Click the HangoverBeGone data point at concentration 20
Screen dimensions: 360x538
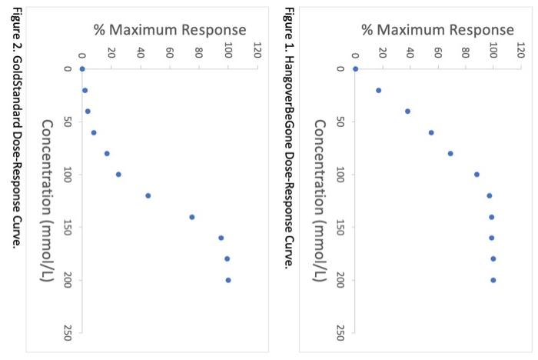click(x=378, y=90)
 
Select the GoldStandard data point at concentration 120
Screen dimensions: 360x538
click(x=148, y=195)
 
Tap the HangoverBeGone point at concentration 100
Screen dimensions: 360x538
click(x=477, y=175)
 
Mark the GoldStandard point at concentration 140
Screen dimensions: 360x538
click(x=191, y=217)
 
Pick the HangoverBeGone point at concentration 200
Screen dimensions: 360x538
click(x=493, y=280)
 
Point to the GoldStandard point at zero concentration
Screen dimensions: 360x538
click(x=81, y=69)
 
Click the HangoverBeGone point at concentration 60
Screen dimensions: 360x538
click(x=431, y=132)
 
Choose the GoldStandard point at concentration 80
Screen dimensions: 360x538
click(x=107, y=153)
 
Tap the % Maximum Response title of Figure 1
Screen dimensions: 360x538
click(x=437, y=30)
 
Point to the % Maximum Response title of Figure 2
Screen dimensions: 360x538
click(x=170, y=30)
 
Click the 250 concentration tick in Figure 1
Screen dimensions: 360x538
click(x=340, y=332)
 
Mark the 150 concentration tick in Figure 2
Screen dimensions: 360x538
click(x=67, y=228)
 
